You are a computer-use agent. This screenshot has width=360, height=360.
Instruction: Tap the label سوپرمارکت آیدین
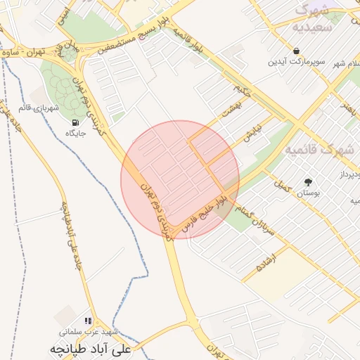pos(296,62)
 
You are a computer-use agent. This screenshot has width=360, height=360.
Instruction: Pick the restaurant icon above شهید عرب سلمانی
pos(88,321)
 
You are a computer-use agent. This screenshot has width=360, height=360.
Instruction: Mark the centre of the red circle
pos(180,179)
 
